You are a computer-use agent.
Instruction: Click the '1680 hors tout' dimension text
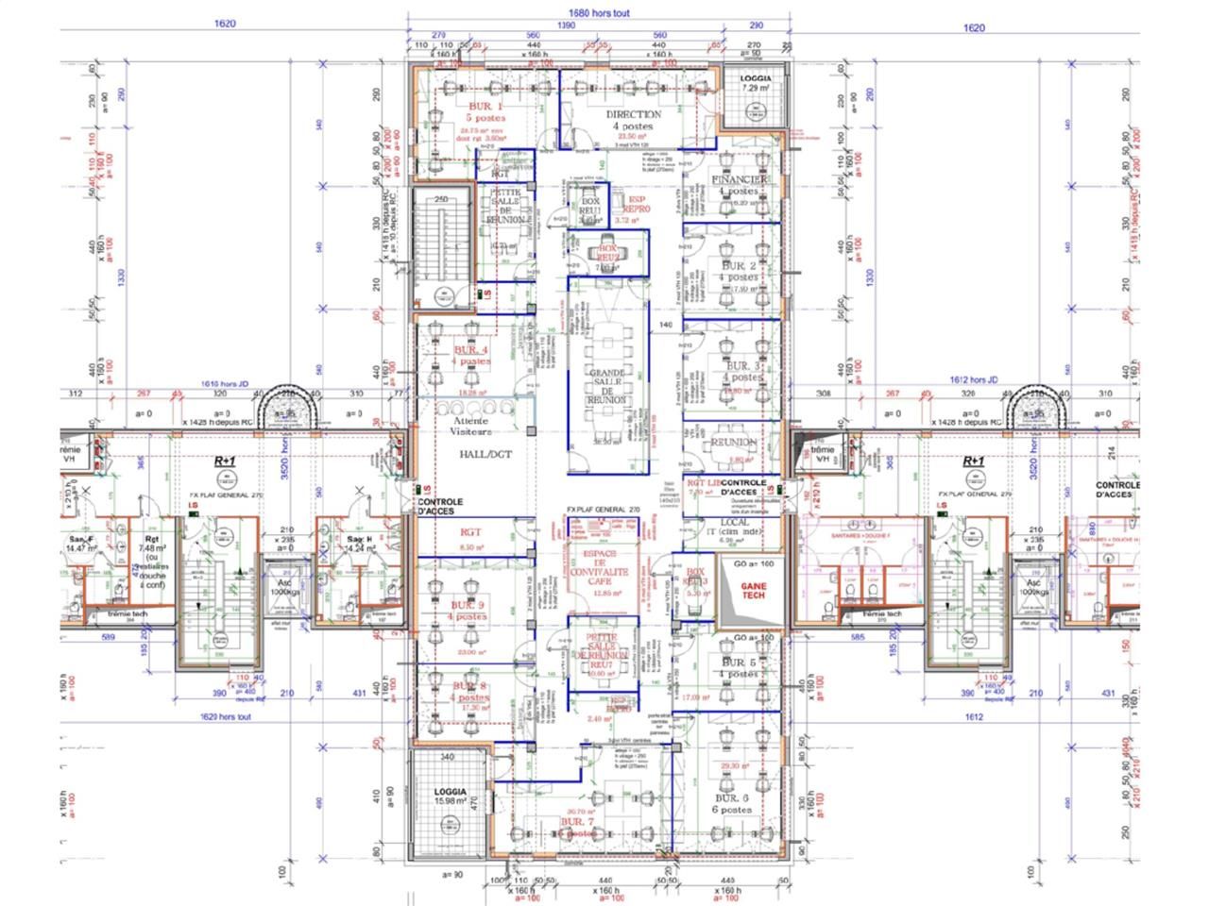point(600,13)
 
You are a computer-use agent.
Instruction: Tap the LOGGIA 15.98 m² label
point(451,796)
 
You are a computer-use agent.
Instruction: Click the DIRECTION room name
point(634,120)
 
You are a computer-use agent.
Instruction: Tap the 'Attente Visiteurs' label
point(472,426)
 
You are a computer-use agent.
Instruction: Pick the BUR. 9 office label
point(468,610)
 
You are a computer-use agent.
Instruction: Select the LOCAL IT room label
point(734,528)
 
